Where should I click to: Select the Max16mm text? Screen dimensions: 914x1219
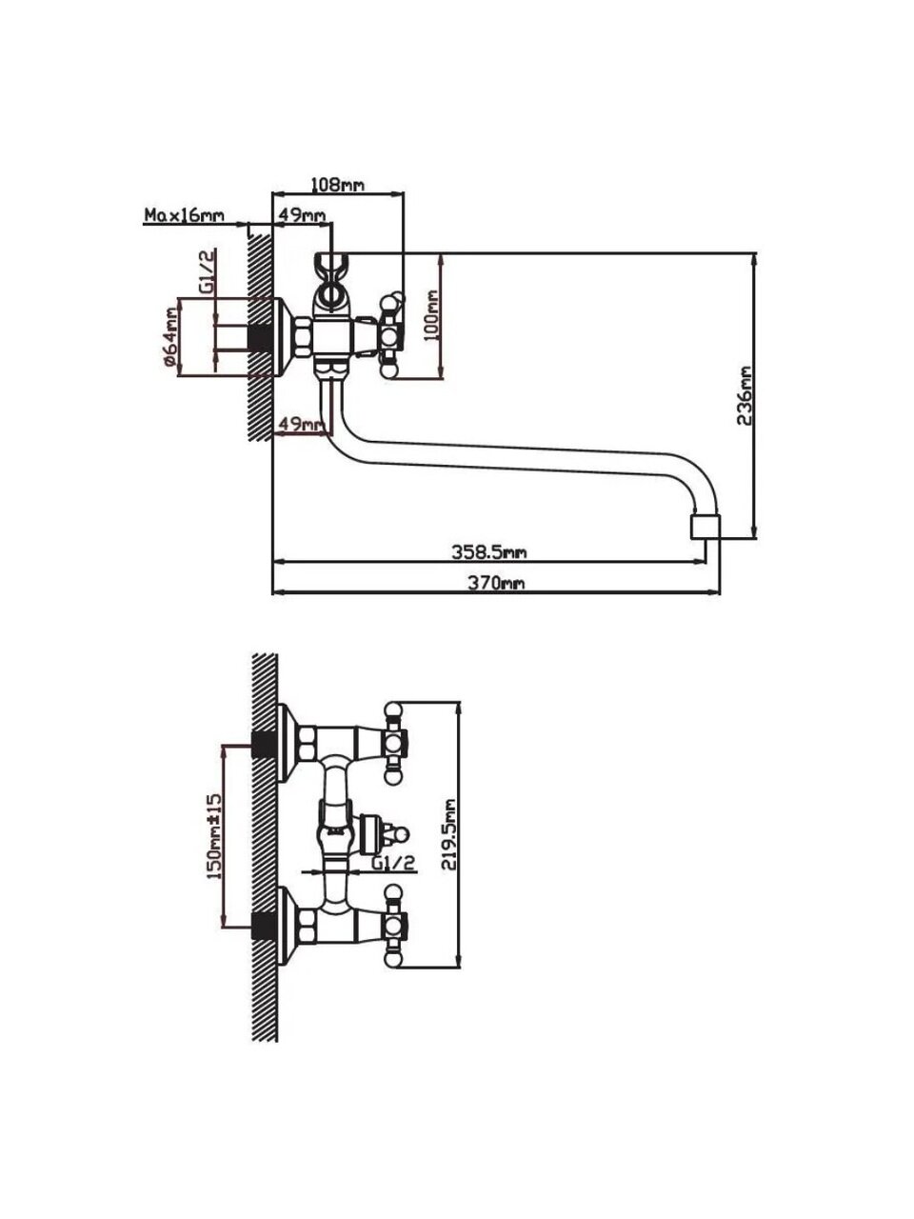pyautogui.click(x=185, y=215)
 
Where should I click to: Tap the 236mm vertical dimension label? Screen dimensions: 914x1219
pyautogui.click(x=744, y=395)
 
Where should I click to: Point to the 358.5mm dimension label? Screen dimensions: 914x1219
pyautogui.click(x=489, y=552)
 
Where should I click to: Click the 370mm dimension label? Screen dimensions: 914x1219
pyautogui.click(x=496, y=583)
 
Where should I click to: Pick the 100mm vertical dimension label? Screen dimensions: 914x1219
pyautogui.click(x=432, y=316)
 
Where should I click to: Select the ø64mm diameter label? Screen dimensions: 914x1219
pyautogui.click(x=171, y=338)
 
